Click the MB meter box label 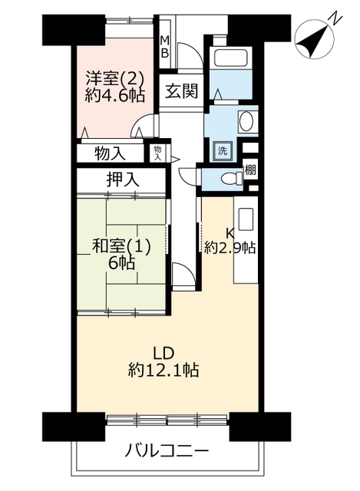pyautogui.click(x=164, y=47)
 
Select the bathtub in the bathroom pyautogui.click(x=231, y=58)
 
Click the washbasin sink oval pyautogui.click(x=246, y=121)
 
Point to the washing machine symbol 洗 pyautogui.click(x=223, y=152)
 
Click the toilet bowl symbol pyautogui.click(x=232, y=179)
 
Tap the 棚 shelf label pyautogui.click(x=250, y=170)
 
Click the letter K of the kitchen pyautogui.click(x=230, y=233)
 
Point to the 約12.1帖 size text pyautogui.click(x=163, y=371)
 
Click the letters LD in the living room pyautogui.click(x=163, y=354)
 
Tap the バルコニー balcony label pyautogui.click(x=167, y=451)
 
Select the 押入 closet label pyautogui.click(x=123, y=180)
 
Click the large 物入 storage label pyautogui.click(x=110, y=153)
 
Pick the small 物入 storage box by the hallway pyautogui.click(x=157, y=153)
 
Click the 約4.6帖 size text pyautogui.click(x=115, y=95)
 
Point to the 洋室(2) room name pyautogui.click(x=114, y=78)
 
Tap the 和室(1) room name pyautogui.click(x=121, y=247)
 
